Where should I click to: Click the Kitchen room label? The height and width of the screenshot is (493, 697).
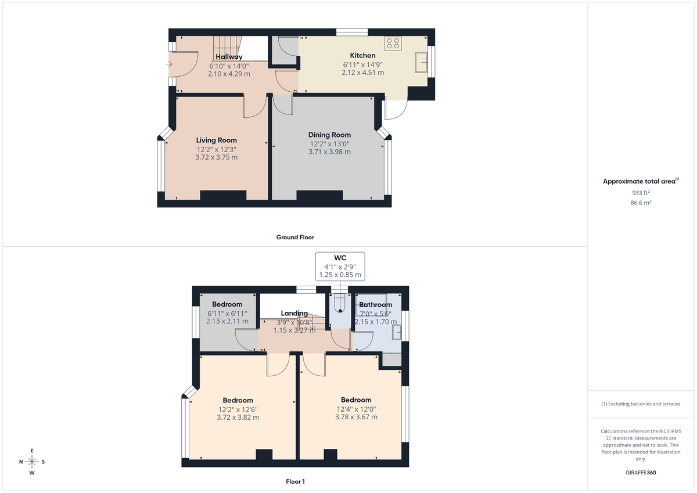coord(362,56)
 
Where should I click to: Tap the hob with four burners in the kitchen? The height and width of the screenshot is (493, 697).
coord(393,43)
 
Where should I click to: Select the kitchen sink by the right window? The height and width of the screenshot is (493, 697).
coord(421,62)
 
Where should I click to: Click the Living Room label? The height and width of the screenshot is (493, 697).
coord(216,140)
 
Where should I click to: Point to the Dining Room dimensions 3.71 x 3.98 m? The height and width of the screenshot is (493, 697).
coord(329,152)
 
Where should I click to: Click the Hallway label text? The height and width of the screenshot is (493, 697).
coord(229,57)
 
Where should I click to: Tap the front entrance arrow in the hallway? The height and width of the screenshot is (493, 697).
coord(169,64)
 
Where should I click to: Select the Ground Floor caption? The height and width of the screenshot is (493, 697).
coord(295,237)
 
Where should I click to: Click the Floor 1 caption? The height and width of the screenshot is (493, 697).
coord(295,481)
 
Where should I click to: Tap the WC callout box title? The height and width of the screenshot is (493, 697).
coord(340,257)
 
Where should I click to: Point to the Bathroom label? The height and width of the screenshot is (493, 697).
coord(375,304)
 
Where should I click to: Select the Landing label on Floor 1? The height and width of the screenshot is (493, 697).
coord(294,314)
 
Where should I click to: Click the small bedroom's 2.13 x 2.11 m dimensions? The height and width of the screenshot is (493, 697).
coord(227,321)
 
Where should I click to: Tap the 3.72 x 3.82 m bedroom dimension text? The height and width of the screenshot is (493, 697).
coord(238,417)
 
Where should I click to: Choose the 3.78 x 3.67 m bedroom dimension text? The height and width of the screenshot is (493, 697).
coord(356,416)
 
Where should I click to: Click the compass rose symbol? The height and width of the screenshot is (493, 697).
coord(32,462)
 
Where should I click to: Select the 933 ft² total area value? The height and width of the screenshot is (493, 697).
coord(641,193)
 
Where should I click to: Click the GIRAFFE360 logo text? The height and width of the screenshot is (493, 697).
coord(640,473)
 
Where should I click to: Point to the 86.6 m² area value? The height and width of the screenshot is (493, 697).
coord(641,203)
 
